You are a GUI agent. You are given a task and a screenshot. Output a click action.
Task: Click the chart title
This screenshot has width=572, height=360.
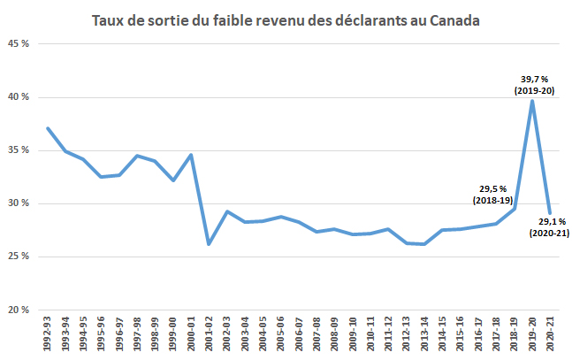coord(286,19)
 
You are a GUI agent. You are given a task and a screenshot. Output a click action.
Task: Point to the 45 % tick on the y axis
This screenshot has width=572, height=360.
coord(20,44)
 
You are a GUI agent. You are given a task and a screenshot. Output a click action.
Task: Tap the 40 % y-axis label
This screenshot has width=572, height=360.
coord(20,97)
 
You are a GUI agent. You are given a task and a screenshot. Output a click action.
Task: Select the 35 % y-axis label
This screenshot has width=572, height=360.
coord(20,150)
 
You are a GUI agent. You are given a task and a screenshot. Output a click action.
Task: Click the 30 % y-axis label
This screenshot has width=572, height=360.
coord(20,203)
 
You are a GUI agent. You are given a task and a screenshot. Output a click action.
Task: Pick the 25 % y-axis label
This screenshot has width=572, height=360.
coord(20,257)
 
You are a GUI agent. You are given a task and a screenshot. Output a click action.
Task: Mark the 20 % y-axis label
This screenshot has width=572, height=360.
coord(20,310)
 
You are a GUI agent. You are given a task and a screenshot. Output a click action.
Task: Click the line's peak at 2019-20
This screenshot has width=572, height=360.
coord(531,101)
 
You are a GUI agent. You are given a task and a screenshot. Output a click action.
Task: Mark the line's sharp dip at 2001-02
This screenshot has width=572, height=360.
coord(209,244)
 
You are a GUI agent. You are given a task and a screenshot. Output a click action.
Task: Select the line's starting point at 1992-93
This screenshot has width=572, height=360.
coord(48,128)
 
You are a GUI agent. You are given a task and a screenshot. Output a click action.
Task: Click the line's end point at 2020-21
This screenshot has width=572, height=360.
coord(549,213)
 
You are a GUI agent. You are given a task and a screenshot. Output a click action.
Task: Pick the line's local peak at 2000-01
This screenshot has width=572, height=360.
coord(191,156)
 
